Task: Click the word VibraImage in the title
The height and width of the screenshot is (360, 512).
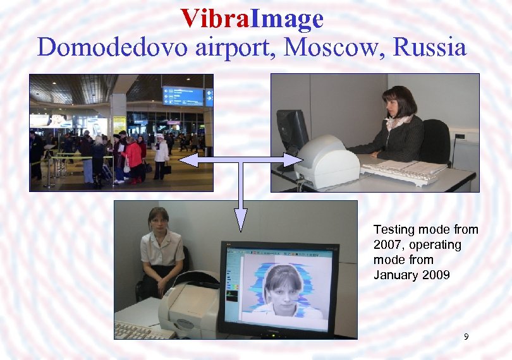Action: (252, 19)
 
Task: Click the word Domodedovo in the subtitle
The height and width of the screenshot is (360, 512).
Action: (94, 47)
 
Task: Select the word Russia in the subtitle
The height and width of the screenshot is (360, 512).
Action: (429, 47)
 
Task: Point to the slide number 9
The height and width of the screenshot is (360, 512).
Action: (466, 337)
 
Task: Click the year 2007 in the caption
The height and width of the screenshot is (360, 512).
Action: (386, 244)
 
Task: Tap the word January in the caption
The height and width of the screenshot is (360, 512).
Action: (395, 275)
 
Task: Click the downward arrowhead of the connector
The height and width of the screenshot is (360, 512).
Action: (240, 218)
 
